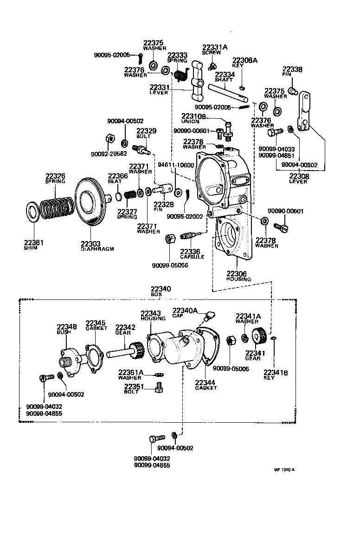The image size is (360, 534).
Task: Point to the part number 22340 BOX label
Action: coord(161,289)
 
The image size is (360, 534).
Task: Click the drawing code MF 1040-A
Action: coord(284,469)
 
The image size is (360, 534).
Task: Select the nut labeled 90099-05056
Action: coord(170,239)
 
